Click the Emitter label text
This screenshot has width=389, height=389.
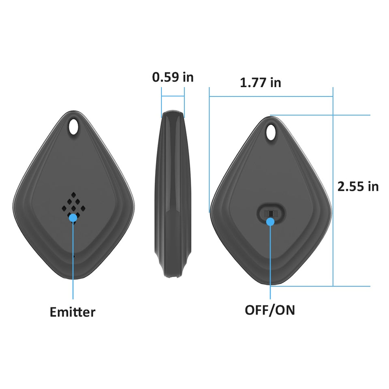(73, 312)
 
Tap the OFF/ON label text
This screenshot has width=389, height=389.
(270, 310)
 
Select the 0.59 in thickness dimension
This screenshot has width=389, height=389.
(173, 77)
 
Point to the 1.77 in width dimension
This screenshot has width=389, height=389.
(260, 83)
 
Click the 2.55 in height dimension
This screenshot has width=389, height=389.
(358, 186)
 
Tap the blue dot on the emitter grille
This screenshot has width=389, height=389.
(73, 218)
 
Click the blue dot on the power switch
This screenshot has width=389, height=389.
(270, 221)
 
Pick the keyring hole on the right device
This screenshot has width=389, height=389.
(271, 133)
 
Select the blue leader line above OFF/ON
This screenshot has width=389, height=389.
(270, 263)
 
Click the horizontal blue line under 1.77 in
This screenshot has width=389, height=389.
(271, 96)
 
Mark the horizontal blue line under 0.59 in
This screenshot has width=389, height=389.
(173, 96)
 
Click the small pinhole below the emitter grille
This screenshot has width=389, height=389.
(73, 256)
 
